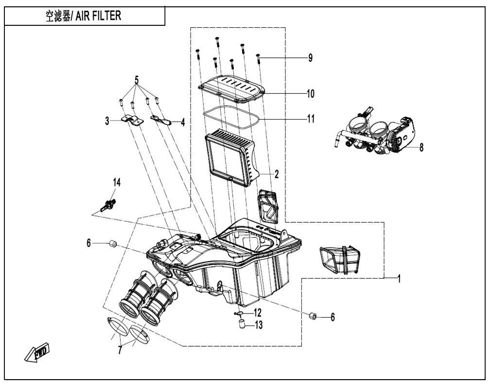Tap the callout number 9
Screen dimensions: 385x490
[310, 57]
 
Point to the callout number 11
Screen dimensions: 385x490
[310, 118]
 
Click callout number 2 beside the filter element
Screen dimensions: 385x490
[276, 173]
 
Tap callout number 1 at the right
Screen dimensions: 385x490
[399, 280]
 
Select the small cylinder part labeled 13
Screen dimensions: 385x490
[240, 324]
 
